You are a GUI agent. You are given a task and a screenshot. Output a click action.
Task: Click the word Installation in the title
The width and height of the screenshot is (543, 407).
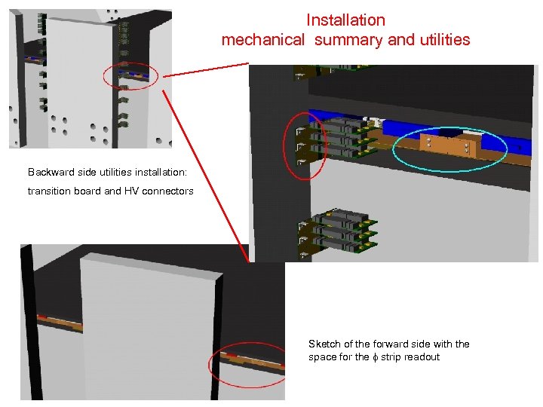(x=345, y=20)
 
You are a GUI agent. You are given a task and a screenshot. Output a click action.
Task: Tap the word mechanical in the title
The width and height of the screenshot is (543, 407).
(x=263, y=40)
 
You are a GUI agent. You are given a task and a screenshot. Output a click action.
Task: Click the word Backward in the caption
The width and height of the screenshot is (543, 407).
(x=49, y=173)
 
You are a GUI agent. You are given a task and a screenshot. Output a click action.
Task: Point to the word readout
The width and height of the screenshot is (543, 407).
(x=422, y=357)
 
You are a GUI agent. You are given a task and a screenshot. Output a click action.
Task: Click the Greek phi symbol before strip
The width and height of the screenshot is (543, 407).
(x=375, y=357)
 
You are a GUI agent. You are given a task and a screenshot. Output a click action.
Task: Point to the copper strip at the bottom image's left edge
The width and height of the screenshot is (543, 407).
(x=57, y=320)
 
